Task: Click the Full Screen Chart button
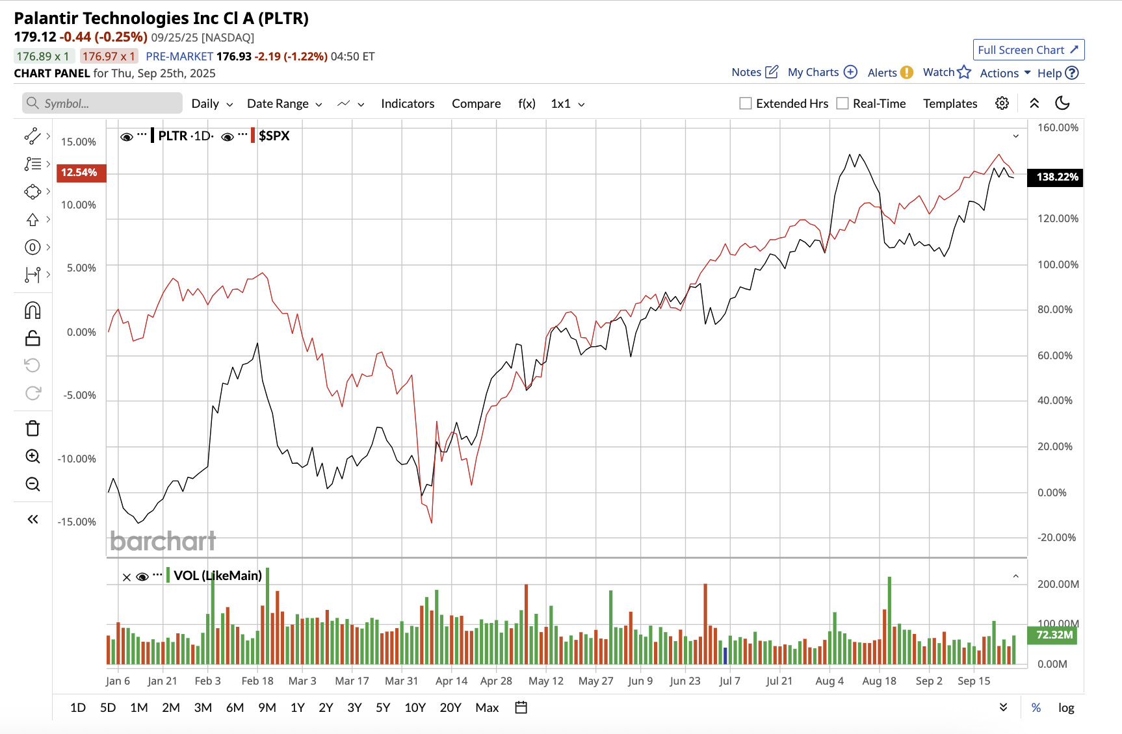(x=1028, y=50)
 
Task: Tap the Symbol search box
(x=103, y=103)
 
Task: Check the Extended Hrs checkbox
(x=746, y=103)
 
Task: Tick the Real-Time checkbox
(x=842, y=103)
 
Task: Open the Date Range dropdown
(x=284, y=103)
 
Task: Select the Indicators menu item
(x=408, y=103)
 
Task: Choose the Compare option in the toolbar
(x=476, y=103)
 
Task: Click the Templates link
(x=950, y=103)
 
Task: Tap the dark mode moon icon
(x=1062, y=103)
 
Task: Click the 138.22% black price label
(x=1056, y=177)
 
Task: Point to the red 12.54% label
(x=80, y=172)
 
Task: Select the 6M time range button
(x=235, y=707)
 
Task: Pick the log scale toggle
(x=1066, y=707)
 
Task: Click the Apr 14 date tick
(x=451, y=681)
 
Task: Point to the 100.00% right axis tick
(x=1058, y=264)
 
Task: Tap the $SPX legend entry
(x=274, y=136)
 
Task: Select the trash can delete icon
(x=33, y=428)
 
